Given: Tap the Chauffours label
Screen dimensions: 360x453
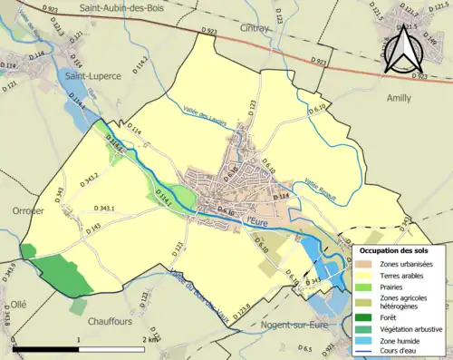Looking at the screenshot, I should tap(116, 319).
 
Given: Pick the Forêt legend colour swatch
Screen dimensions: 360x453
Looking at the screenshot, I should tap(362, 316).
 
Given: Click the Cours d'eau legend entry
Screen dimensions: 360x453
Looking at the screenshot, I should tap(400, 351).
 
